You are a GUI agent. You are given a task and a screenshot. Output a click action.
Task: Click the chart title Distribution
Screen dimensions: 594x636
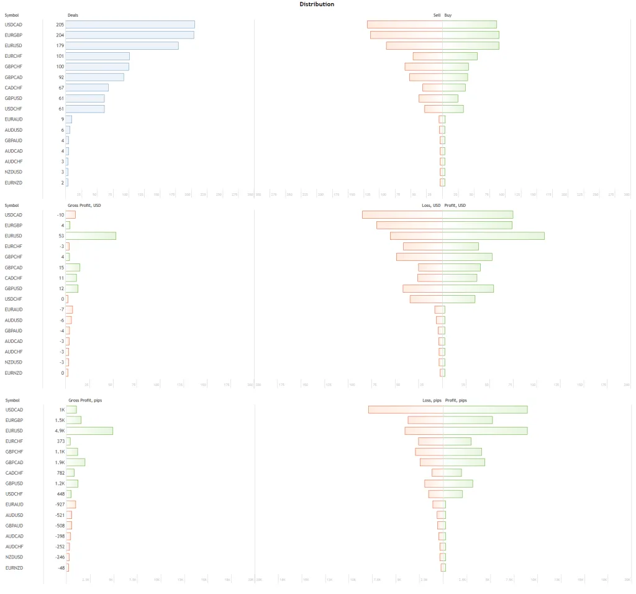(317, 4)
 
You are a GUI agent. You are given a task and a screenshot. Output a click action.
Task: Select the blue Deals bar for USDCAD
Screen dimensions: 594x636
(130, 24)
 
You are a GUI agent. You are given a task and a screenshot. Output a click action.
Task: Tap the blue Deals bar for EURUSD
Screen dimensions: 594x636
(122, 45)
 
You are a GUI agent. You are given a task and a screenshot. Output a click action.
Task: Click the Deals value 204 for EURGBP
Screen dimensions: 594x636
(60, 35)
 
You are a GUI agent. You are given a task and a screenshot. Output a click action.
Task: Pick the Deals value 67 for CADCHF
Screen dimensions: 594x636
(61, 88)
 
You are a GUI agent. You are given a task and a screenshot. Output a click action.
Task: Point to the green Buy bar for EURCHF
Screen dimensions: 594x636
(460, 56)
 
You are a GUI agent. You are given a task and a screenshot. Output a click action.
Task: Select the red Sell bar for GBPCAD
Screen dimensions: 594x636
(426, 77)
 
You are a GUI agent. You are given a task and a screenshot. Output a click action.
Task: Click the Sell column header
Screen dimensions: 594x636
(437, 14)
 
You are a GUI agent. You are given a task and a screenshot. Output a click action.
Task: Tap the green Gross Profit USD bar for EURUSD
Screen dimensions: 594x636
(91, 235)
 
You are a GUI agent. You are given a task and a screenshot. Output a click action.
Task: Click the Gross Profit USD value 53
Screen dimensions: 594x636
(61, 235)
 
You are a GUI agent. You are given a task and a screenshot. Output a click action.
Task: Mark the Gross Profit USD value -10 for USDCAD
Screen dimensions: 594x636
(60, 214)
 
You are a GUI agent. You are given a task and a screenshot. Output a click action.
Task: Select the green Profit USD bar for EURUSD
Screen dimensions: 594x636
(493, 235)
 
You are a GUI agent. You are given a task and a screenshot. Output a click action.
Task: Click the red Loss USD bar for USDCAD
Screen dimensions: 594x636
(402, 214)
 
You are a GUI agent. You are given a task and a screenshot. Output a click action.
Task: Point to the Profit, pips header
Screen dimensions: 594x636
(456, 400)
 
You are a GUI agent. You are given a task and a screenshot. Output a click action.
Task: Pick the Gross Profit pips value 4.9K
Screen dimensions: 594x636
(60, 431)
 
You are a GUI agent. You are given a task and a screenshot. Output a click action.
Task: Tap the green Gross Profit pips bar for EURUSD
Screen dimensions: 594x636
(89, 431)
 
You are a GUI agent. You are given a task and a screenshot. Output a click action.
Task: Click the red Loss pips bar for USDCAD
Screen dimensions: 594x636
(406, 409)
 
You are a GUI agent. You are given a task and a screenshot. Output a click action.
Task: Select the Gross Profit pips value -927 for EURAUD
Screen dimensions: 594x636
(60, 505)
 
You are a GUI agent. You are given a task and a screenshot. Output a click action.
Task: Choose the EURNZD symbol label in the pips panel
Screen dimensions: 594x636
(14, 567)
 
